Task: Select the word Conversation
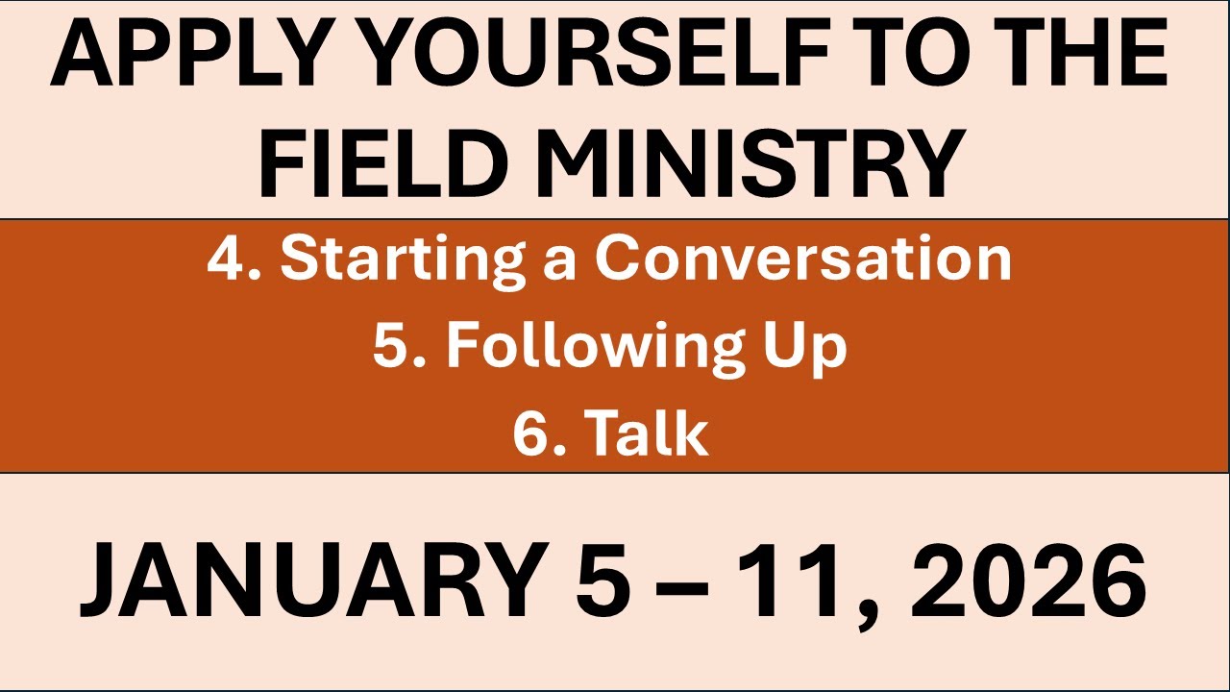[x=802, y=259]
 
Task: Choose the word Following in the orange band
[x=588, y=348]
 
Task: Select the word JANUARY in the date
[x=308, y=582]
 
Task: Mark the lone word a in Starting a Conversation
[x=558, y=263]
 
